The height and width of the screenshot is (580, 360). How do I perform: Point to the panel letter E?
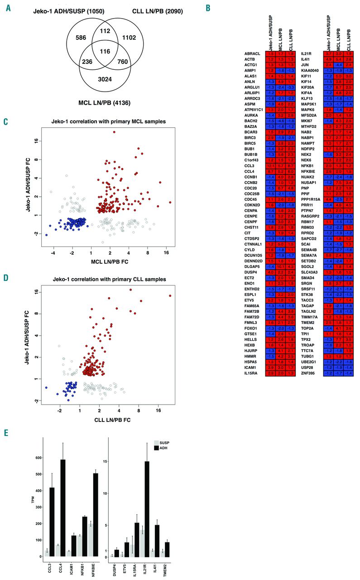(6, 433)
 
